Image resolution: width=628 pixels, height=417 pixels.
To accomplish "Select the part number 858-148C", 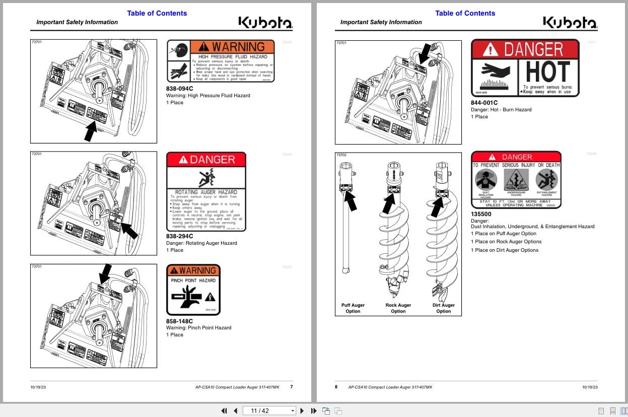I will click(179, 321).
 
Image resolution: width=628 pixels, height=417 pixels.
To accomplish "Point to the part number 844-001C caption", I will click(484, 103).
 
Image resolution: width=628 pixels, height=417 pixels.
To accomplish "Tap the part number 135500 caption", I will click(481, 214).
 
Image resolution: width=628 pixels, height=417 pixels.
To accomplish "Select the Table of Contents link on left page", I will click(157, 13).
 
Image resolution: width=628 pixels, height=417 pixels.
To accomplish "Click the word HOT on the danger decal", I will click(548, 72).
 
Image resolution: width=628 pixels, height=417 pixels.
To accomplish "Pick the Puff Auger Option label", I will click(353, 308).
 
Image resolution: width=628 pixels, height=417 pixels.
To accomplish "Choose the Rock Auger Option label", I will click(398, 308).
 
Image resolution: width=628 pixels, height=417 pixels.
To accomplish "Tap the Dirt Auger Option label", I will click(443, 308).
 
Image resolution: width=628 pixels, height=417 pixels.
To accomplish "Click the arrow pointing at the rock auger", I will click(390, 202).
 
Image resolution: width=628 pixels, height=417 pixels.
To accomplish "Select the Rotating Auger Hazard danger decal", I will click(206, 192).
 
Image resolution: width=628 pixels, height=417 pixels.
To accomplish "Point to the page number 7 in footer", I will click(291, 387).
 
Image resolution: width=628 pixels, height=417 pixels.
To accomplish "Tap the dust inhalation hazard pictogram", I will click(486, 179).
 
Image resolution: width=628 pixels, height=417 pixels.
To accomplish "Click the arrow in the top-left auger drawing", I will click(91, 132).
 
